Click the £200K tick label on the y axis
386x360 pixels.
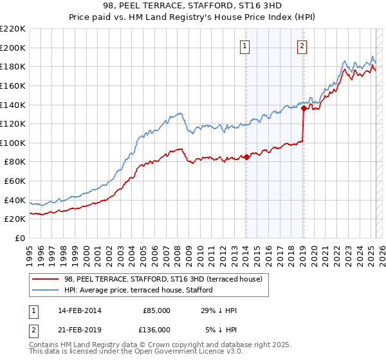(13, 48)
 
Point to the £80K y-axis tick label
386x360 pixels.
(15, 162)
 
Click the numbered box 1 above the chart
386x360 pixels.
(246, 46)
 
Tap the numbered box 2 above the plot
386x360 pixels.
(302, 46)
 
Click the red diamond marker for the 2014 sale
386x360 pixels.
(246, 157)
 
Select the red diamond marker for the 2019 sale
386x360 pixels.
(303, 109)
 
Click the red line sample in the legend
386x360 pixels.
(46, 280)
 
